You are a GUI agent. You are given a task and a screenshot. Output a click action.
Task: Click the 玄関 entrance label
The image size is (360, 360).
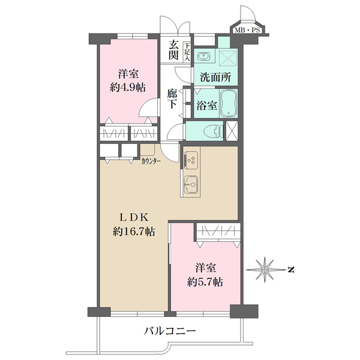[x=174, y=50]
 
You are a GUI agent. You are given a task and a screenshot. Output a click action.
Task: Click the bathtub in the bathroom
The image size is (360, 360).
[x=229, y=104]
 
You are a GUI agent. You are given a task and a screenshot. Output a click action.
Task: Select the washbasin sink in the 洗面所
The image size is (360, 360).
[x=202, y=56]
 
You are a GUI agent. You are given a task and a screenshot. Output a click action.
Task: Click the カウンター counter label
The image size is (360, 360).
[x=151, y=160]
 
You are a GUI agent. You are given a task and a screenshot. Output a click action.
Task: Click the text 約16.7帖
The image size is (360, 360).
[x=134, y=232]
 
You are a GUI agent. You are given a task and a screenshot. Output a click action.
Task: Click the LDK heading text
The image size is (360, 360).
[x=134, y=217]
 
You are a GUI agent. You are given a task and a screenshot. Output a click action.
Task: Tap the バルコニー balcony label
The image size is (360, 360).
[x=170, y=331]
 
